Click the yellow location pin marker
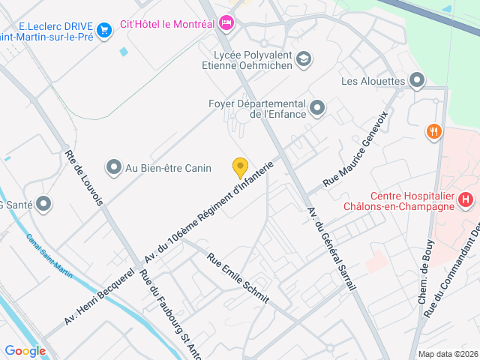(240, 167)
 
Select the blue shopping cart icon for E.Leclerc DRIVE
(104, 30)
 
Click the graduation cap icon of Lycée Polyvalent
(303, 59)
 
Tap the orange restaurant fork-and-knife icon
(433, 133)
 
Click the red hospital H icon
(466, 199)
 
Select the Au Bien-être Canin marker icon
(114, 166)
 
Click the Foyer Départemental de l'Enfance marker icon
(317, 109)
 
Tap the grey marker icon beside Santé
(43, 203)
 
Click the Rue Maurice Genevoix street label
(355, 149)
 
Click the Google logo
(25, 350)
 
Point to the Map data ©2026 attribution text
(447, 354)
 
